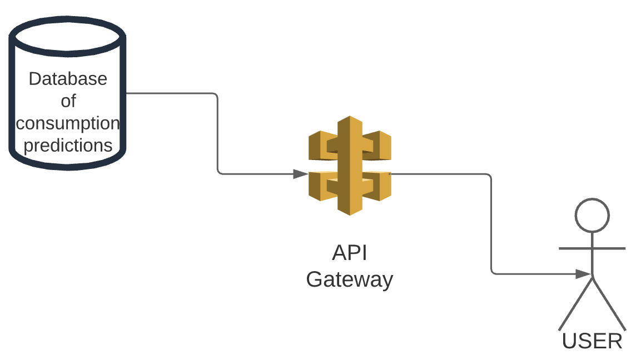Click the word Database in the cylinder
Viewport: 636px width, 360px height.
(68, 79)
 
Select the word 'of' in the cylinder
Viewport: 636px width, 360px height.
(68, 101)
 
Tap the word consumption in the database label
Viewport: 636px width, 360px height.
(68, 123)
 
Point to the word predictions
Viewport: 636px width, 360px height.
(68, 145)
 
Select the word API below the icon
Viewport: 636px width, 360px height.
(349, 253)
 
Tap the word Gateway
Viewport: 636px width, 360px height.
(349, 278)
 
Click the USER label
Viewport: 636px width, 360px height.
(592, 341)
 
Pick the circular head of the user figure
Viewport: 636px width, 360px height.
(592, 216)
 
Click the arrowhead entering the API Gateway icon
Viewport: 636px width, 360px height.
(301, 174)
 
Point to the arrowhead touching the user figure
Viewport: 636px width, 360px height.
(583, 273)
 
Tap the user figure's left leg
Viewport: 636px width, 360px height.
(576, 303)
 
